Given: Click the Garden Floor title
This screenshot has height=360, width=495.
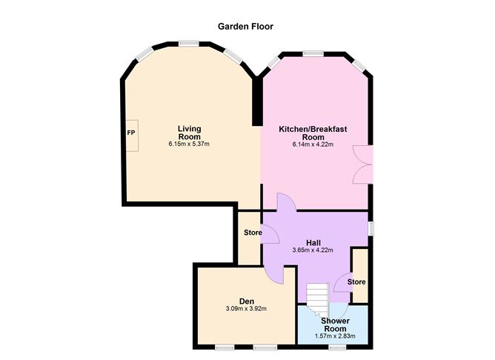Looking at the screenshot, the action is (x=245, y=27).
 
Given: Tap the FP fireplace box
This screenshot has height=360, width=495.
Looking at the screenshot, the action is (x=132, y=136).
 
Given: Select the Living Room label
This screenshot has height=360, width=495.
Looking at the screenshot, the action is (x=190, y=133).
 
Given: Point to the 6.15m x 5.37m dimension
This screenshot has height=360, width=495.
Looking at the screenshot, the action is (x=189, y=144).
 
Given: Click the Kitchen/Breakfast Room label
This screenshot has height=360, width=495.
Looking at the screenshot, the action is (x=313, y=133).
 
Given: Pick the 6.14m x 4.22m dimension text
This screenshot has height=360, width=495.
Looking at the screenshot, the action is (x=313, y=145).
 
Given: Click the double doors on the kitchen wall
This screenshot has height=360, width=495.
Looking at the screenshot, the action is (x=363, y=164).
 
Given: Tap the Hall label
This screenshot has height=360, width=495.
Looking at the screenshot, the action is (x=313, y=243).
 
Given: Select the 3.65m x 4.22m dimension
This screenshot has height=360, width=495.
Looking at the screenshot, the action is (x=313, y=250).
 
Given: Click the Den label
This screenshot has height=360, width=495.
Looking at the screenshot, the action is (x=247, y=301).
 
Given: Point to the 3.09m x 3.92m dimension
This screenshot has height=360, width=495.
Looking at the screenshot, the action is (x=246, y=309).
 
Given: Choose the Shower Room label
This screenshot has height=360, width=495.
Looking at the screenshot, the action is (x=335, y=324).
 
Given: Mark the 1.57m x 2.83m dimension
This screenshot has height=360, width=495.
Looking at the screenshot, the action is (x=335, y=336).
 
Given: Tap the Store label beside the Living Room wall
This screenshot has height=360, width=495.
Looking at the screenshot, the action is (x=253, y=233).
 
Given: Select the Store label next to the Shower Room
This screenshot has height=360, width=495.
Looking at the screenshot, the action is (x=356, y=281).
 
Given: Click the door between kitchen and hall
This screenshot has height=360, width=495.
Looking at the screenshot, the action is (x=287, y=202).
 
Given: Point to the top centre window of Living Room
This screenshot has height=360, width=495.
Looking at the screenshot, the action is (x=188, y=44).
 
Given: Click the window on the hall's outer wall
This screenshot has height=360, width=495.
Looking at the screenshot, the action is (x=371, y=228).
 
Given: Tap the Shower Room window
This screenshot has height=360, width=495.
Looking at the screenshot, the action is (x=337, y=347).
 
